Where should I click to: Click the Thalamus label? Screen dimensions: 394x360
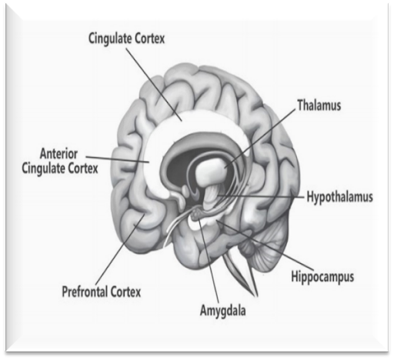pos(319,105)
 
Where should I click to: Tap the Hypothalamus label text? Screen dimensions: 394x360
pos(340,197)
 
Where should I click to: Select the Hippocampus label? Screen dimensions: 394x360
pos(322,277)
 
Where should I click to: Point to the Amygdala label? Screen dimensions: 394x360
pos(222,311)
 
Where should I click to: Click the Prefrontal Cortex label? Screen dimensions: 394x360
pos(102,292)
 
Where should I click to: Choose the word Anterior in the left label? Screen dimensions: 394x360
pos(58,154)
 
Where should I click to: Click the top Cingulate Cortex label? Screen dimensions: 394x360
pos(126,38)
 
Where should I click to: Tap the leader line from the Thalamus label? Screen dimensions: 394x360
pos(259,139)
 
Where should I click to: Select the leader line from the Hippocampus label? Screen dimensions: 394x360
pos(265,245)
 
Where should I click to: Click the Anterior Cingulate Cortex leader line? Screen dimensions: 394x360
pos(118,159)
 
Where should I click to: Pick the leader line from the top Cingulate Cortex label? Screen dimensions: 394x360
pos(154,85)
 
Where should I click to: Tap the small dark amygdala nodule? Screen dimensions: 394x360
pos(197,212)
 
